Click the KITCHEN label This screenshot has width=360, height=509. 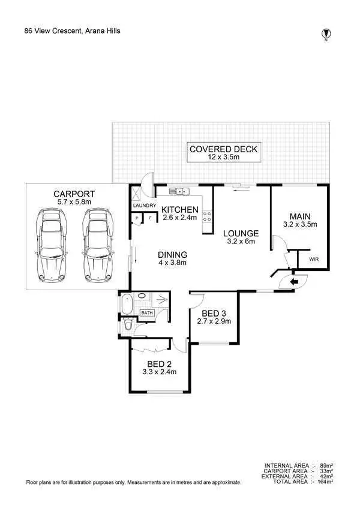pos(180,209)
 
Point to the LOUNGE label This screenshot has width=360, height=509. pos(241,233)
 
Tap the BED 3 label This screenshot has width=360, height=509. pos(214,314)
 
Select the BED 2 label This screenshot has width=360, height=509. pos(159,363)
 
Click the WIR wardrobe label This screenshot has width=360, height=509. pos(314,260)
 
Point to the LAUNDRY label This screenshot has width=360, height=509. pos(144,206)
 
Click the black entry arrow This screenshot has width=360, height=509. pos(295,281)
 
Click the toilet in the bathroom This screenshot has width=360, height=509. pos(128,324)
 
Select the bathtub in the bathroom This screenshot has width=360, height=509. pos(127,305)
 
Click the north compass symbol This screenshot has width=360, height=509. pos(326,34)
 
